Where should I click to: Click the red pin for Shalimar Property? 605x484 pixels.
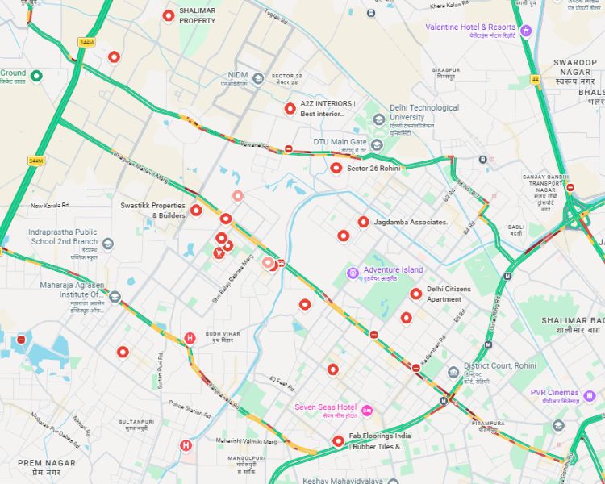point(169,15)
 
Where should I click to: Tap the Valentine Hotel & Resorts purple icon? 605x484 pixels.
point(526,31)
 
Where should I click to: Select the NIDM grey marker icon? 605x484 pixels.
point(258,78)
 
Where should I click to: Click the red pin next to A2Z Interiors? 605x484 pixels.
point(290,109)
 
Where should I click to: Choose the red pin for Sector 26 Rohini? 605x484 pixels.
point(336,168)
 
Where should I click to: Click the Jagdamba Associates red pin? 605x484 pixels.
point(364,222)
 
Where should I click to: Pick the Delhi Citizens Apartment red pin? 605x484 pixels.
point(415,294)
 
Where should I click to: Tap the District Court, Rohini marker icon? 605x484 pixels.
point(454,372)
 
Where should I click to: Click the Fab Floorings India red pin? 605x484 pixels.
point(338,441)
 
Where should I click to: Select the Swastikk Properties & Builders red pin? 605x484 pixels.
point(196,211)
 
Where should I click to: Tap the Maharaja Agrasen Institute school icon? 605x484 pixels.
point(115,297)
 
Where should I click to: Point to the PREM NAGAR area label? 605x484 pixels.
point(47,466)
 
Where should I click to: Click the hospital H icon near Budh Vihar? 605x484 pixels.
point(190,338)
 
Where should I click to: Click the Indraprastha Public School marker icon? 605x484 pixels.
point(108,244)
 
